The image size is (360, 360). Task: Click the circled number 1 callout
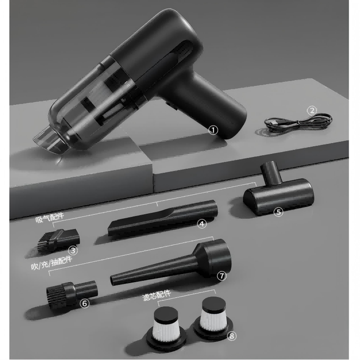pyautogui.click(x=213, y=131)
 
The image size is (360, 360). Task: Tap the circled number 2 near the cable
pyautogui.click(x=312, y=111)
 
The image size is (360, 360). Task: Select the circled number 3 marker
pyautogui.click(x=73, y=250)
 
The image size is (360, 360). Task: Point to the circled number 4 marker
pyautogui.click(x=202, y=224)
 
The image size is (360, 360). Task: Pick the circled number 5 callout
pyautogui.click(x=278, y=212)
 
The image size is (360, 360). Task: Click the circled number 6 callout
pyautogui.click(x=84, y=304)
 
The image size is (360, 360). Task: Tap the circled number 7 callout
pyautogui.click(x=221, y=276)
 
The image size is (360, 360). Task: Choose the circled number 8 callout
pyautogui.click(x=232, y=336)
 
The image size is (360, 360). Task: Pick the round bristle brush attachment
pyautogui.click(x=71, y=293)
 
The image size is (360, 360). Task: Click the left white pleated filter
pyautogui.click(x=166, y=327)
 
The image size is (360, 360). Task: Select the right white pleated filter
pyautogui.click(x=213, y=318)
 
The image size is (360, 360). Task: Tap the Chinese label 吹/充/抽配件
pyautogui.click(x=52, y=263)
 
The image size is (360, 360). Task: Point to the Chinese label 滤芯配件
pyautogui.click(x=157, y=296)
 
